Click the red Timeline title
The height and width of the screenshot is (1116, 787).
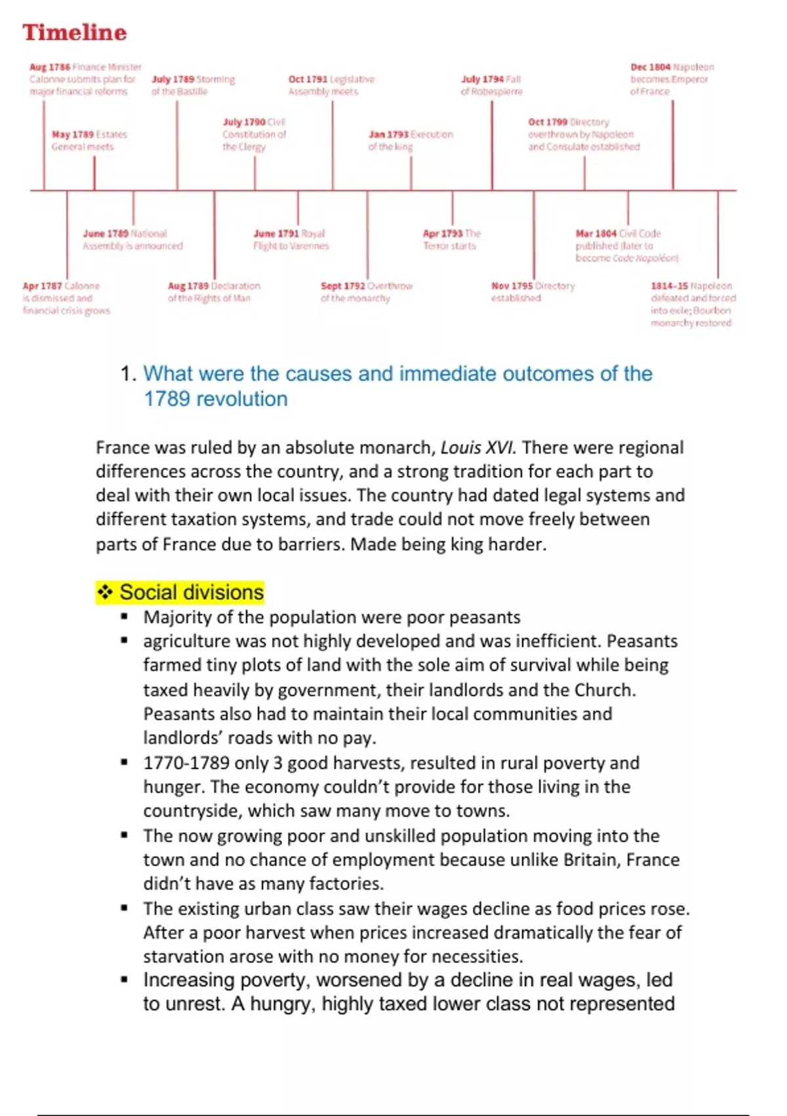pyautogui.click(x=75, y=32)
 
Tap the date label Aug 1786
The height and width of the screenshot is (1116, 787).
pyautogui.click(x=49, y=67)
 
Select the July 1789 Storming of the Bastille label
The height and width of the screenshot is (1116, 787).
pyautogui.click(x=193, y=85)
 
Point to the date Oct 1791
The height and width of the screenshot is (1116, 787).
pyautogui.click(x=307, y=79)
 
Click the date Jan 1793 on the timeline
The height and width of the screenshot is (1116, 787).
pyautogui.click(x=388, y=135)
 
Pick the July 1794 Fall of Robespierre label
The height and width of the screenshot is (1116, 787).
pyautogui.click(x=491, y=85)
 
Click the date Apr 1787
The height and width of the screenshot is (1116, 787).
pyautogui.click(x=42, y=286)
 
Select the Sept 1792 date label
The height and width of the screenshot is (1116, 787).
pyautogui.click(x=342, y=286)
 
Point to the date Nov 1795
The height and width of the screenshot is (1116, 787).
pyautogui.click(x=512, y=286)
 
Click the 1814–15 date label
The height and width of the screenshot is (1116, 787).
pyautogui.click(x=670, y=286)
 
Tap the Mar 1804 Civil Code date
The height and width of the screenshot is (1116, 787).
pyautogui.click(x=595, y=234)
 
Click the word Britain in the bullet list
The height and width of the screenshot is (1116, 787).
pyautogui.click(x=588, y=860)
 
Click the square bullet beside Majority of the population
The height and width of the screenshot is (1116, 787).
pyautogui.click(x=124, y=617)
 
